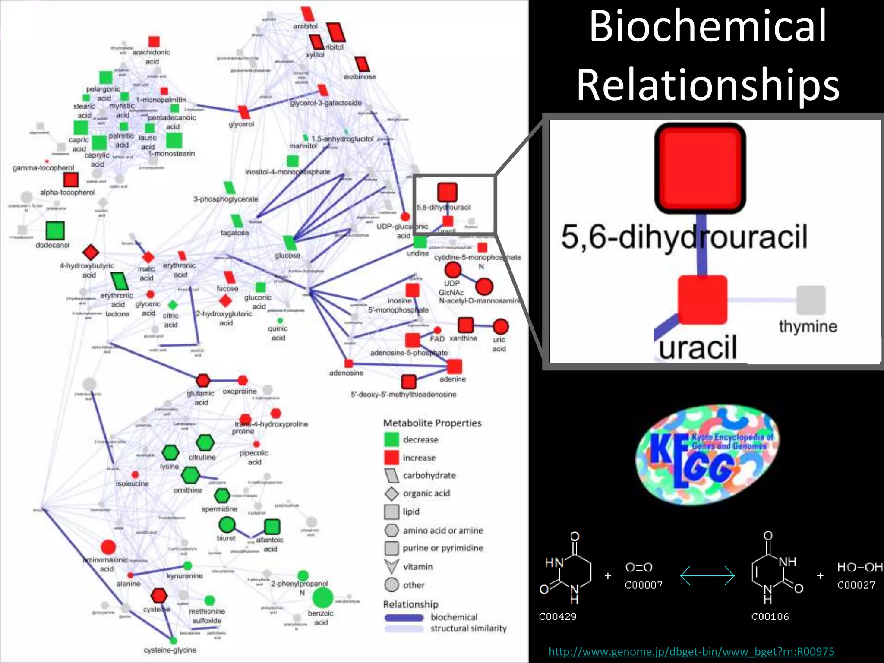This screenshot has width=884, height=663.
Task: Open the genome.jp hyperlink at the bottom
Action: (x=691, y=651)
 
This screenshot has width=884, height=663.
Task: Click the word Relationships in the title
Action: (x=708, y=85)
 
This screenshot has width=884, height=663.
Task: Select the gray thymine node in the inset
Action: (x=810, y=300)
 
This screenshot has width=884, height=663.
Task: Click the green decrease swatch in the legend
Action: (x=391, y=439)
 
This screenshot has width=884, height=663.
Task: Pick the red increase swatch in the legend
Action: (x=391, y=458)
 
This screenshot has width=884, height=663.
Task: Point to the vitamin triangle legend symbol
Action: (x=391, y=566)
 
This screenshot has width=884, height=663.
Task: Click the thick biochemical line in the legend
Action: (x=404, y=617)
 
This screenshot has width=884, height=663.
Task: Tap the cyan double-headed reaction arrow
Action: (x=707, y=575)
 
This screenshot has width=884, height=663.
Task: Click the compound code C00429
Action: (x=557, y=616)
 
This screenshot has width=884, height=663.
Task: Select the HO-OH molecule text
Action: (x=859, y=567)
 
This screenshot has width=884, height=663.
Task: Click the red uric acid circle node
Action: (x=500, y=327)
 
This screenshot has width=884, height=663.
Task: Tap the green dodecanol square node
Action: (x=55, y=230)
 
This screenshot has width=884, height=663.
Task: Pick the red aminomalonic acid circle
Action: (x=108, y=547)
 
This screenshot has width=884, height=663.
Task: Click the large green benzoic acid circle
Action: (x=322, y=598)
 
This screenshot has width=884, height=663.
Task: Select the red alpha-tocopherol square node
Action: (x=71, y=180)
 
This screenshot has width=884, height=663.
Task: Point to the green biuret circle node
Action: (x=227, y=525)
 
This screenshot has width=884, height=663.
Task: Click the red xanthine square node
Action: (x=465, y=325)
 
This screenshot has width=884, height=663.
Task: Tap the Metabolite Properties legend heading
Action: (x=432, y=423)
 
